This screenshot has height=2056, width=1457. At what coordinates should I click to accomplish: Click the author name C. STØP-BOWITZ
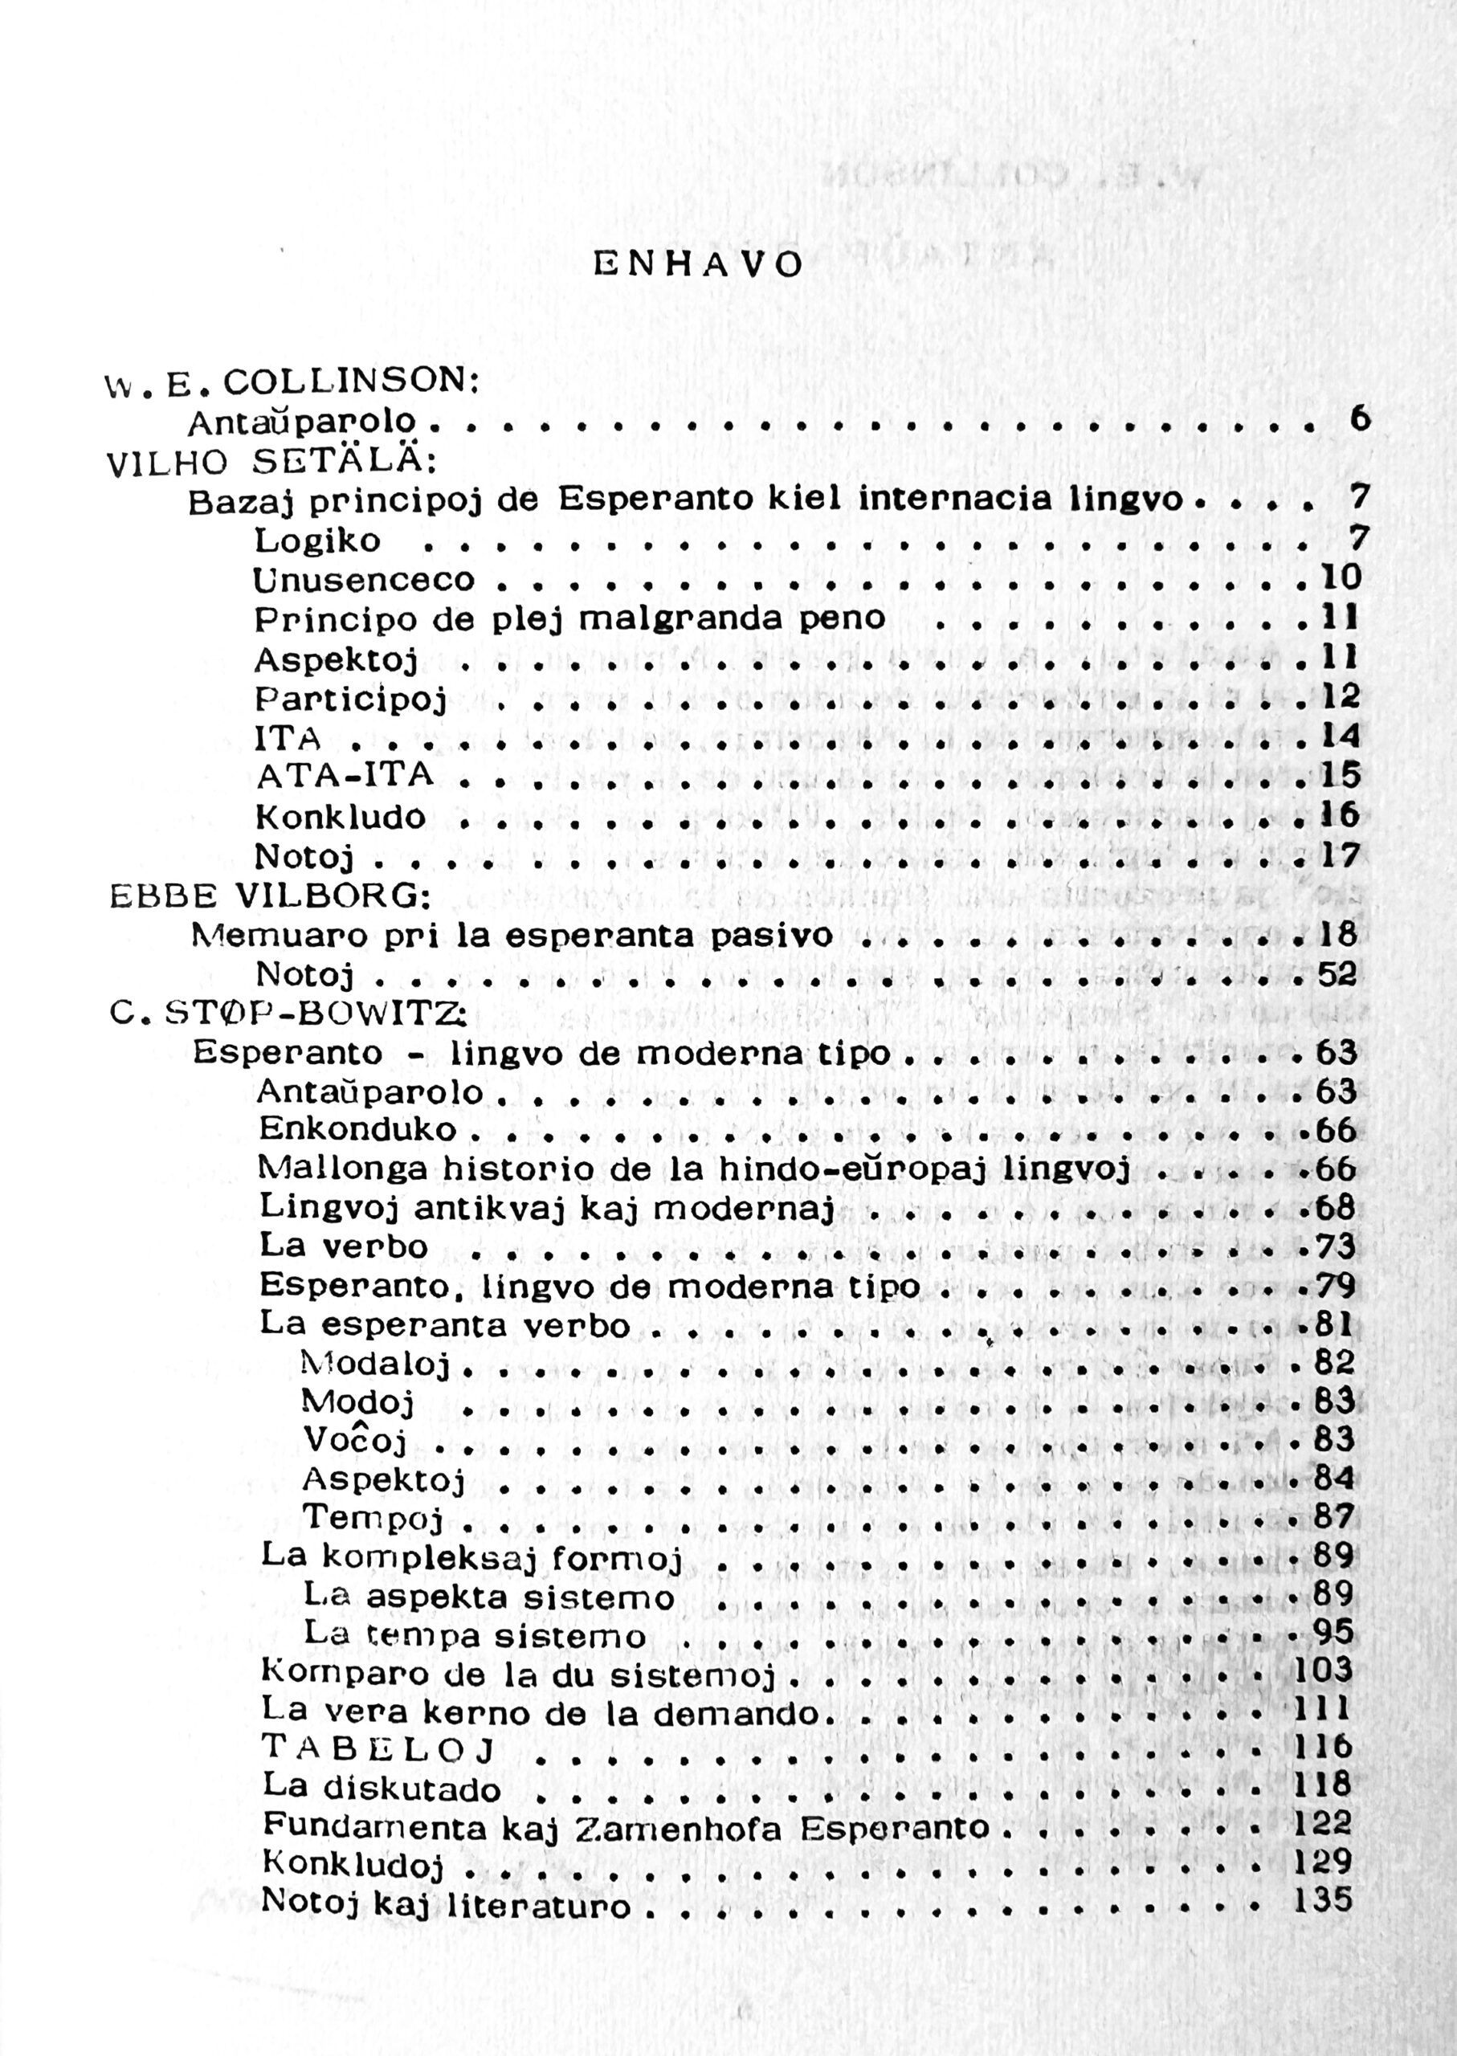pos(286,1013)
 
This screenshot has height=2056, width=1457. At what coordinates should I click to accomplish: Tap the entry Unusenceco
pos(363,581)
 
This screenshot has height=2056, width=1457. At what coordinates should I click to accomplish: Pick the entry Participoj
pos(351,699)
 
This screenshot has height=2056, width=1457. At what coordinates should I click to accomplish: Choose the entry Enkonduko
pos(358,1129)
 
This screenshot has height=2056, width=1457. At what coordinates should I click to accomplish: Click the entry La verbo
pos(344,1246)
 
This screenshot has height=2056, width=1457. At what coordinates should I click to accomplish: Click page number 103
pos(1324,1670)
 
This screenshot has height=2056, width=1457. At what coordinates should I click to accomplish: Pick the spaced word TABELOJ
pos(381,1748)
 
